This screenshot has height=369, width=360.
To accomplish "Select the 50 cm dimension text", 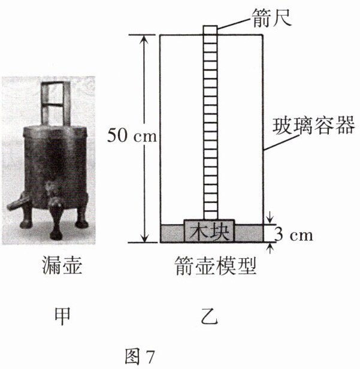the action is coord(131,136).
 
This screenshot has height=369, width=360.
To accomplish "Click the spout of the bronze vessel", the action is coord(13,204).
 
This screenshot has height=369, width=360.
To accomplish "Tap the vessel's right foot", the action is coord(81,221).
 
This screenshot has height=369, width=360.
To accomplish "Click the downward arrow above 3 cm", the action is coord(271,217).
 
